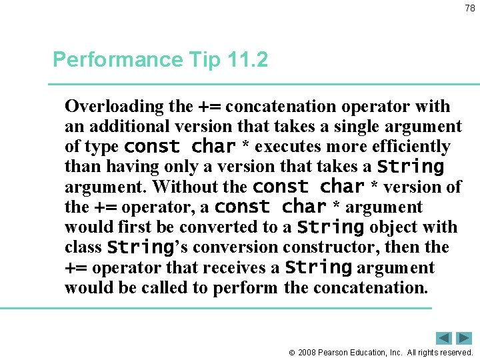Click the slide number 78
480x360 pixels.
click(469, 8)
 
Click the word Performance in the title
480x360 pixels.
click(116, 60)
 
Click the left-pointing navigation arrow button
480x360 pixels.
click(444, 338)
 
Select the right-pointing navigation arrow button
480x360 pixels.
click(463, 338)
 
